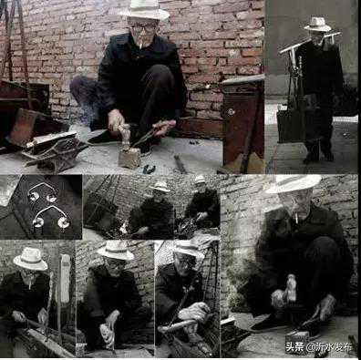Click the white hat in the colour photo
tap(145, 10)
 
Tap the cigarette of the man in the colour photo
tap(141, 44)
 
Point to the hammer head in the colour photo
tap(125, 134)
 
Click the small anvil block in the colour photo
tap(129, 158)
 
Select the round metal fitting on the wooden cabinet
tap(231, 111)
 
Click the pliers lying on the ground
tap(149, 169)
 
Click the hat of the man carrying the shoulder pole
tap(318, 25)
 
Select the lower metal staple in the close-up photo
tap(51, 216)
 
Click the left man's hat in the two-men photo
tap(160, 187)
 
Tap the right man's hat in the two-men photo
tap(200, 180)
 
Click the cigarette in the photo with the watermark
tap(297, 217)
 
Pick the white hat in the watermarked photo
tap(294, 184)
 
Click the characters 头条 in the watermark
tap(294, 346)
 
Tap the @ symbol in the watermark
tap(310, 347)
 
